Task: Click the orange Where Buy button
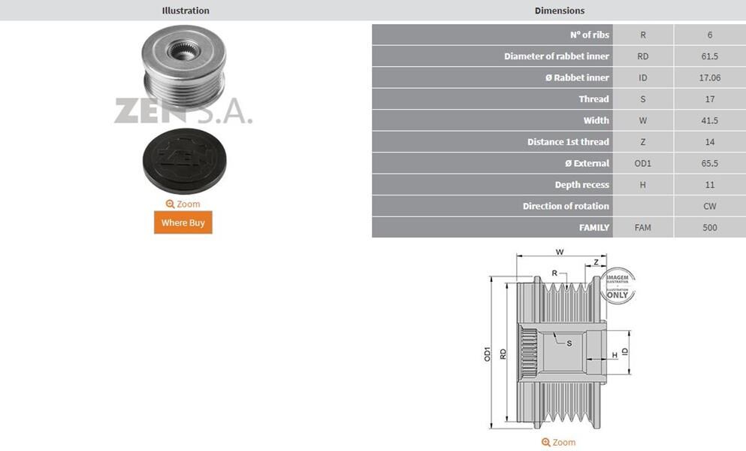tap(183, 222)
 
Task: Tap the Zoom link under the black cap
tap(183, 204)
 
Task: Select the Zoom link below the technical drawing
tap(558, 442)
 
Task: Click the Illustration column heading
tap(186, 11)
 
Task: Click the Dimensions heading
tap(560, 11)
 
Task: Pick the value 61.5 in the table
tap(709, 56)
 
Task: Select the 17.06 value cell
tap(709, 77)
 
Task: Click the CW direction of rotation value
tap(709, 206)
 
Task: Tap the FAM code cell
tap(643, 228)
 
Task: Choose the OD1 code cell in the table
tap(643, 163)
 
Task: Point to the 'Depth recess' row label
tap(582, 185)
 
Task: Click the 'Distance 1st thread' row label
tap(568, 142)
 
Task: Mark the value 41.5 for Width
tap(709, 120)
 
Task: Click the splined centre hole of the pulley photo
tap(183, 50)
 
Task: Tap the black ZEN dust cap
tap(185, 161)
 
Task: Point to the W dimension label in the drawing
tap(560, 252)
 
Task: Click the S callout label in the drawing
tap(569, 344)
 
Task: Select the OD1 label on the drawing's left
tap(487, 354)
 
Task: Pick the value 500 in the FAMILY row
tap(709, 228)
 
